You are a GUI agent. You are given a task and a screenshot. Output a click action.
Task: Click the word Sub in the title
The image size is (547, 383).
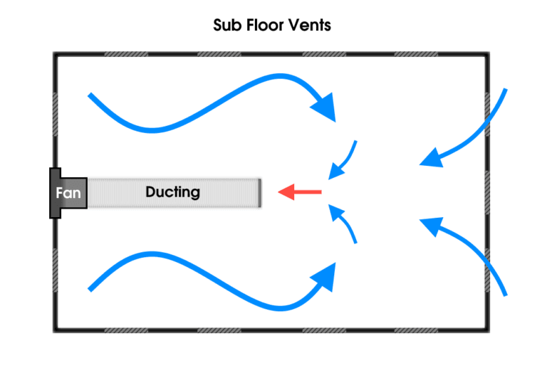pos(226,26)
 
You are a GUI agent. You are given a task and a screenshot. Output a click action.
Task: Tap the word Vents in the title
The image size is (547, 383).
pos(311,26)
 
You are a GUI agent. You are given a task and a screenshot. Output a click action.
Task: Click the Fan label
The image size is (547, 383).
pos(68,193)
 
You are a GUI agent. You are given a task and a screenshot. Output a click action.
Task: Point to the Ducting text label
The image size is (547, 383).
pos(172,192)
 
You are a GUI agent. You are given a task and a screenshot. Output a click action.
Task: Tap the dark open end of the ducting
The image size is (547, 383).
pos(260,193)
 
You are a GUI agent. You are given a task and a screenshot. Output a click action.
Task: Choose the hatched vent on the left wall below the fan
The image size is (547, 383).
pos(55,271)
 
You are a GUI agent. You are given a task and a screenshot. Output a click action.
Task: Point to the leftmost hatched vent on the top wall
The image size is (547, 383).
pos(126,54)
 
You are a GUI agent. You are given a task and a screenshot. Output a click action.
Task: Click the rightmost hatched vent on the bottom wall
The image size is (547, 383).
pos(415,330)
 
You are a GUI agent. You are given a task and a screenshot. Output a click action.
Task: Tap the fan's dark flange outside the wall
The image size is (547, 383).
pos(53,193)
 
